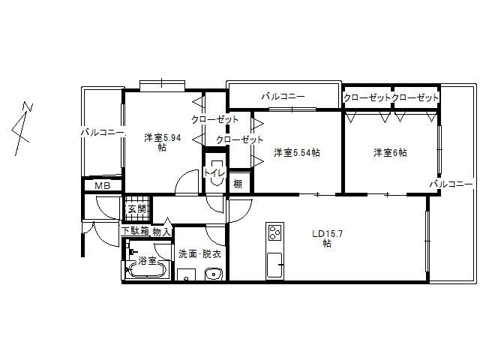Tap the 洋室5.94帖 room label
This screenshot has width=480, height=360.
pyautogui.click(x=162, y=142)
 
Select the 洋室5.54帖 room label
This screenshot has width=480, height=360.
pyautogui.click(x=297, y=153)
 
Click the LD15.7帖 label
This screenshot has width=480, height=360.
pyautogui.click(x=328, y=238)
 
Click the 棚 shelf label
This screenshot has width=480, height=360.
pyautogui.click(x=237, y=183)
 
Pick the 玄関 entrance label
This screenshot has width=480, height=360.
pyautogui.click(x=136, y=209)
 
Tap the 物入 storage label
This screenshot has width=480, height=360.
pyautogui.click(x=161, y=232)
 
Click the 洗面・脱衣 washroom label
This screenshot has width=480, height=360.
pyautogui.click(x=199, y=254)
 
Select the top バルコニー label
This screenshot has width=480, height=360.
pyautogui.click(x=283, y=97)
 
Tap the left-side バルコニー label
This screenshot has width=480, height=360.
pyautogui.click(x=103, y=133)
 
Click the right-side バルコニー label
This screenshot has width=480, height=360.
pyautogui.click(x=451, y=184)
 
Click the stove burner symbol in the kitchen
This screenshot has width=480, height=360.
pyautogui.click(x=274, y=232)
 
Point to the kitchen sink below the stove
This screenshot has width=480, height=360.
pyautogui.click(x=274, y=264)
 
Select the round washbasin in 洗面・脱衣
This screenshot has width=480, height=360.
pyautogui.click(x=212, y=273)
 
